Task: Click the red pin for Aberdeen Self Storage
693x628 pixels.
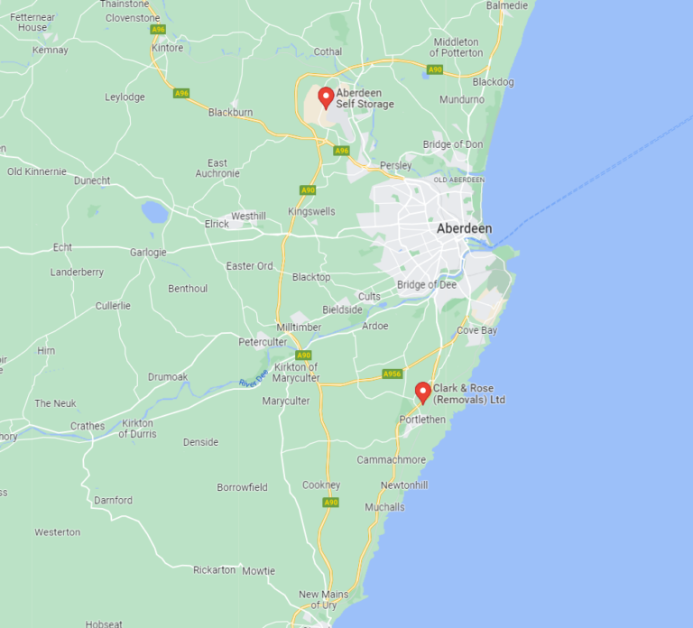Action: pos(326,97)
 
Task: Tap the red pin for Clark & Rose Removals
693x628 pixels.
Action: pos(422,392)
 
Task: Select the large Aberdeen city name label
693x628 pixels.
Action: pos(464,228)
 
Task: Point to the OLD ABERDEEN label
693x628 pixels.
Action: pos(459,180)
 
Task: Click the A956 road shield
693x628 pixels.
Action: pos(392,374)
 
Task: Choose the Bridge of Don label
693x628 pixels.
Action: pos(453,144)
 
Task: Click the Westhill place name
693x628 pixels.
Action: pos(248,217)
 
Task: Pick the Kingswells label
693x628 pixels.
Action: pos(311,211)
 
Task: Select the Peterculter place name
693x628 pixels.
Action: pos(263,342)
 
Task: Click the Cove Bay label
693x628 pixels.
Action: pos(476,330)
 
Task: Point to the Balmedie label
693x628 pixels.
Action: pos(506,5)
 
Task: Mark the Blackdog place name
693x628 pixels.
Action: pos(493,81)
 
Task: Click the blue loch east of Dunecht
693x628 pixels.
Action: pos(154,212)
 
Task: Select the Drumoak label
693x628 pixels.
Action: pos(168,376)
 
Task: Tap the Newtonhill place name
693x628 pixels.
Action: pos(404,485)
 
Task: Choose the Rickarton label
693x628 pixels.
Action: pos(214,569)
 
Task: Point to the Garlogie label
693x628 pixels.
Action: pos(148,253)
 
